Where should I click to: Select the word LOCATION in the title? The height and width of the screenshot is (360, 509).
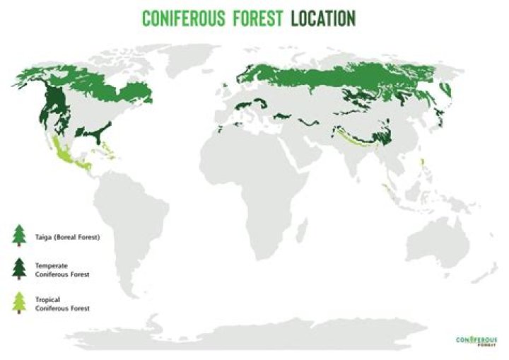pyautogui.click(x=322, y=18)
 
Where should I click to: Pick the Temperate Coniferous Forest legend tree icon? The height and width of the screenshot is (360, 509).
pyautogui.click(x=19, y=269)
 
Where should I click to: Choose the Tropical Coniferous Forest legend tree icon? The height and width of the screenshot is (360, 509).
pyautogui.click(x=19, y=303)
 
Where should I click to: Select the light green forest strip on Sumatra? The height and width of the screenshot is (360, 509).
pyautogui.click(x=387, y=190)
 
